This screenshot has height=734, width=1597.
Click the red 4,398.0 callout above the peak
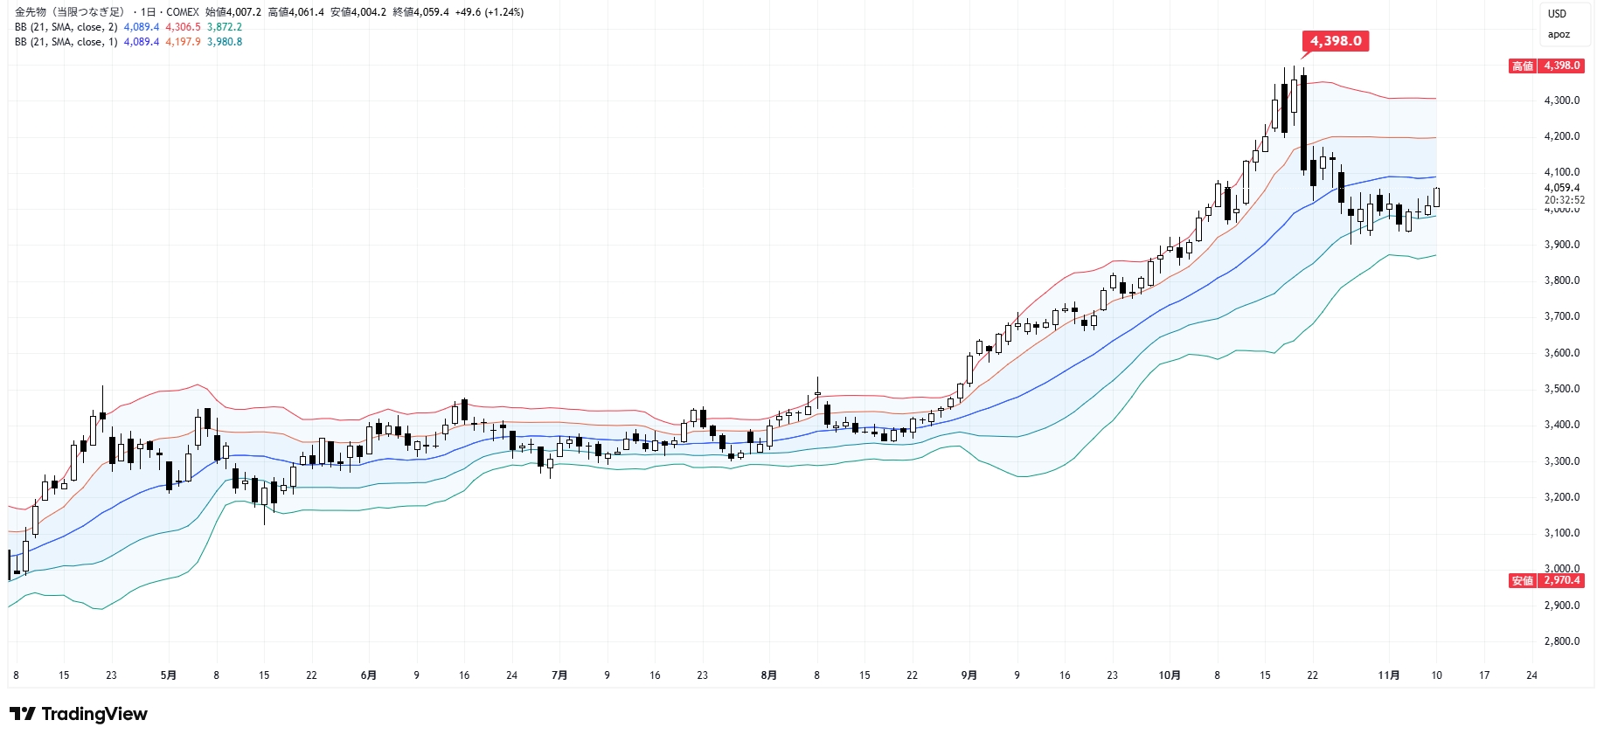tap(1335, 41)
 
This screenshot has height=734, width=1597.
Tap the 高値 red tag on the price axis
tap(1523, 66)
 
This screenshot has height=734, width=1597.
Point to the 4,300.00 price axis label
tap(1561, 100)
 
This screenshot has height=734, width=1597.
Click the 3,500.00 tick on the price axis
tap(1561, 389)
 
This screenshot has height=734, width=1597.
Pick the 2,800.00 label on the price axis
tap(1561, 641)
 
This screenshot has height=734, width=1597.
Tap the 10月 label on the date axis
tap(1169, 675)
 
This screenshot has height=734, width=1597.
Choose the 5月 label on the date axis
tap(169, 675)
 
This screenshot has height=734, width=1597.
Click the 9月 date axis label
tap(969, 675)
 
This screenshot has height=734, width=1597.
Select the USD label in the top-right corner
tap(1557, 14)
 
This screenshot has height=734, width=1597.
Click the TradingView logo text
tap(94, 715)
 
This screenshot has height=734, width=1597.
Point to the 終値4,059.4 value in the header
tap(420, 12)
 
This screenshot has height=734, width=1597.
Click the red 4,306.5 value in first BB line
tap(183, 27)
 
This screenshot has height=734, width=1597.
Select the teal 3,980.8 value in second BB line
tap(225, 42)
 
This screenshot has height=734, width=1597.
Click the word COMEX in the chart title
tap(183, 12)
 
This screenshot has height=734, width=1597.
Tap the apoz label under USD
tap(1559, 35)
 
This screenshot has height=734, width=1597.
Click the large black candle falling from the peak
tap(1303, 122)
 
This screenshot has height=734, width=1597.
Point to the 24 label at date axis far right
tap(1531, 675)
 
